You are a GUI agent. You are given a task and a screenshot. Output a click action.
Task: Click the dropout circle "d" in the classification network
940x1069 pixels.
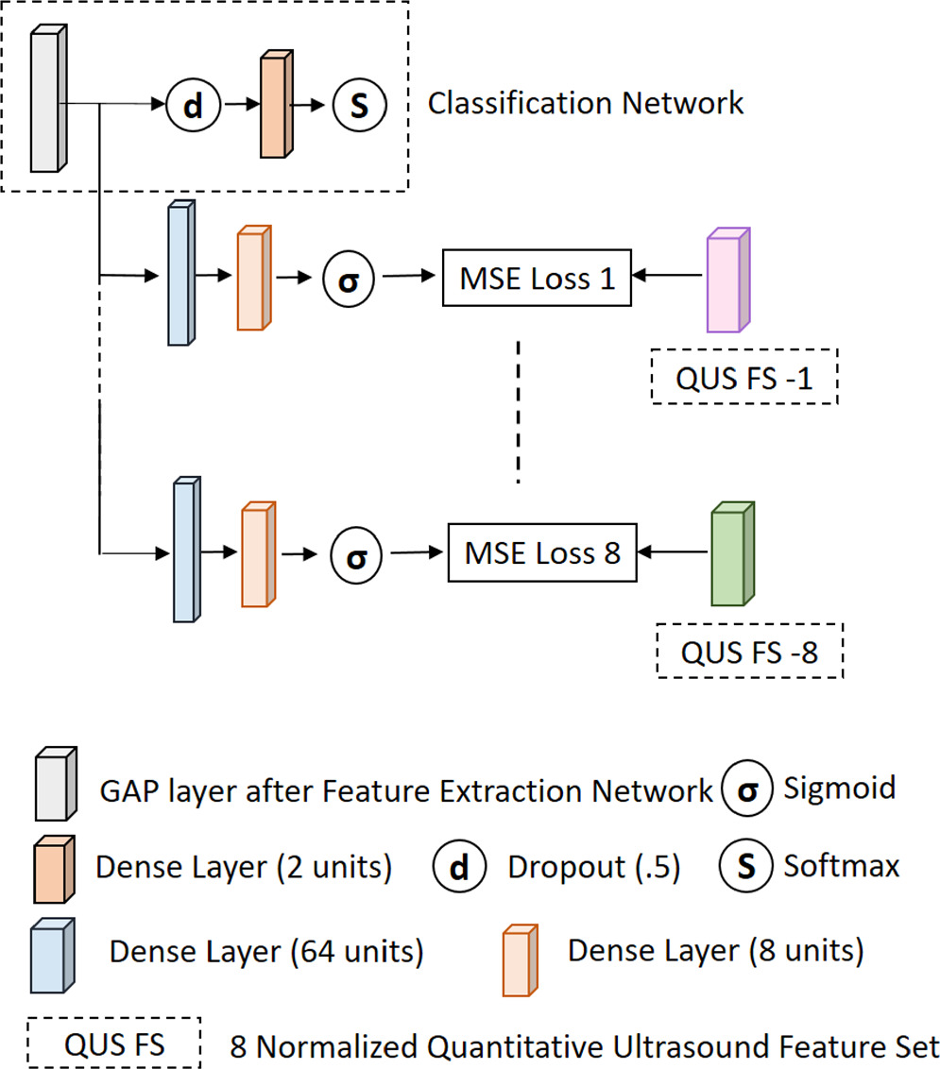[x=193, y=105]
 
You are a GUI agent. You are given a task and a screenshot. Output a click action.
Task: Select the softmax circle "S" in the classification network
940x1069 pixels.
[x=359, y=105]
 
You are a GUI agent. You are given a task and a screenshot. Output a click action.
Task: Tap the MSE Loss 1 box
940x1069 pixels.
[x=537, y=279]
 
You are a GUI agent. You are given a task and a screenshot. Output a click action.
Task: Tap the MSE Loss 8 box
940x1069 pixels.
[x=541, y=551]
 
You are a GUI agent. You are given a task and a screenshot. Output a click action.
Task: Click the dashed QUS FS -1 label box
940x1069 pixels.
[x=744, y=378]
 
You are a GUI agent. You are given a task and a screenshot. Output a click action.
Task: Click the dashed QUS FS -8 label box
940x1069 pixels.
[x=749, y=650]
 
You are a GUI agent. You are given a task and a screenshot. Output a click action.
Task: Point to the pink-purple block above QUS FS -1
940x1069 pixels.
[x=727, y=280]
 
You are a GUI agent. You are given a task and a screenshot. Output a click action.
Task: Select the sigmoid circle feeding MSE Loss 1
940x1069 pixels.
[x=349, y=280]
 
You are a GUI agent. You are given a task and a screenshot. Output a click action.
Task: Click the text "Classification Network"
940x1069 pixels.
[x=586, y=103]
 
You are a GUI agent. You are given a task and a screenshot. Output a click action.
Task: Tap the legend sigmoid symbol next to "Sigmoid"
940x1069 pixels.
[x=746, y=789]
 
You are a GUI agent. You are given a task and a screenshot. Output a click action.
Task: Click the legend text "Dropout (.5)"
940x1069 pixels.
[x=594, y=867]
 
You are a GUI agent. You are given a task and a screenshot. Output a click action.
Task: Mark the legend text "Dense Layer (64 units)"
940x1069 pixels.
[x=266, y=950]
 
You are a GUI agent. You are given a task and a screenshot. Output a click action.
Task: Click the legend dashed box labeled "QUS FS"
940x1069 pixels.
[x=115, y=1044]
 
